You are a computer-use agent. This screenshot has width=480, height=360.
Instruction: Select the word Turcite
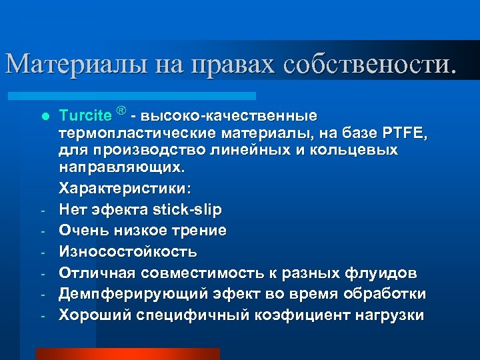[85, 115]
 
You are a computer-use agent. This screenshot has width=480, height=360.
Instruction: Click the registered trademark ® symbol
[121, 110]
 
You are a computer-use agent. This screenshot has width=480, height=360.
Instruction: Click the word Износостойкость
[127, 252]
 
